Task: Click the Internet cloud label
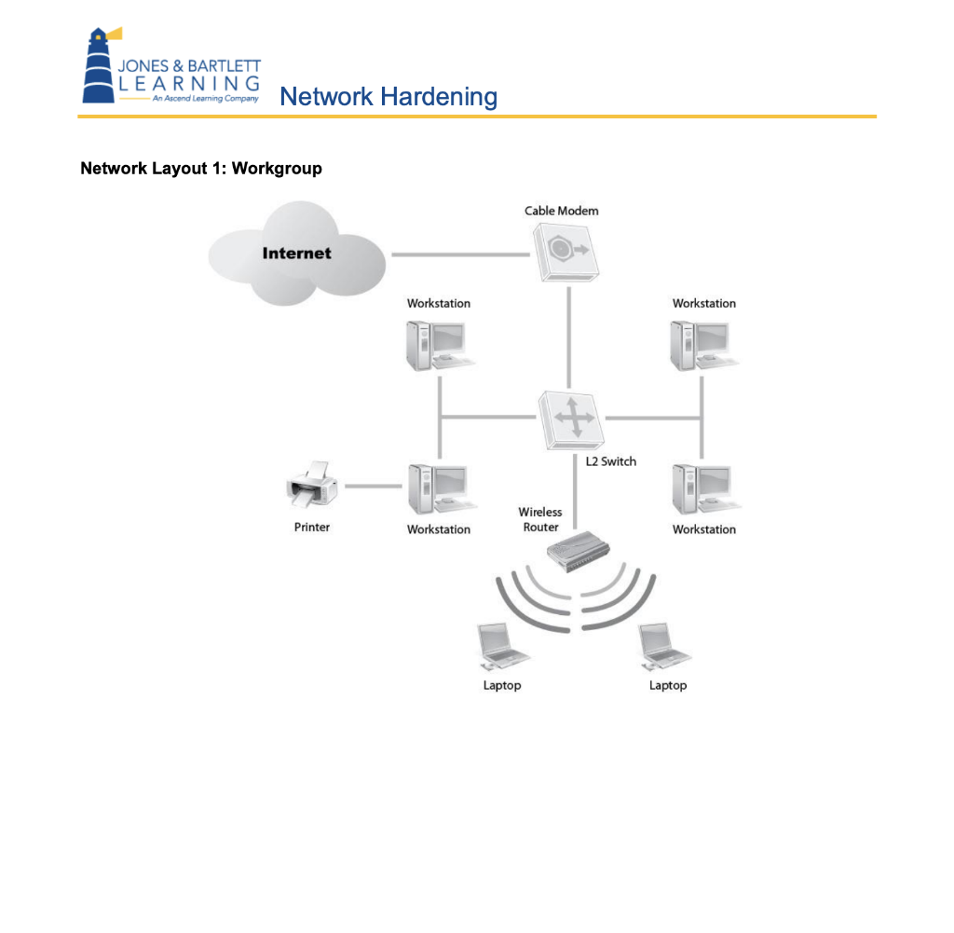coord(296,253)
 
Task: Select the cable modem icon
coord(566,253)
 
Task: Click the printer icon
coord(311,486)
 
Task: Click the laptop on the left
coord(501,647)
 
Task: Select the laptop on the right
coord(665,647)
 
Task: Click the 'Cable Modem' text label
coord(561,211)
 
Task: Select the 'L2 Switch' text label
coord(610,461)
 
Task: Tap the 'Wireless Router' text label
coord(540,519)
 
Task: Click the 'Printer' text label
coord(312,527)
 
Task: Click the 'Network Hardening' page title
coord(388,96)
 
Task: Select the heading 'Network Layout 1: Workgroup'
coord(201,169)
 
